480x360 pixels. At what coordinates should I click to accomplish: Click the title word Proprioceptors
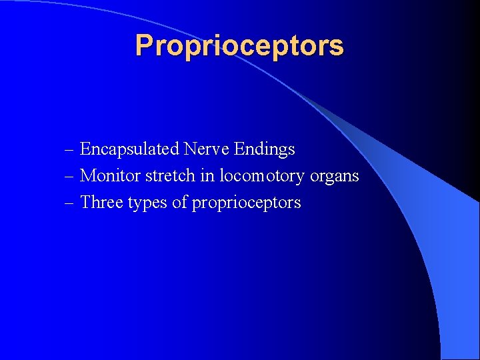pyautogui.click(x=239, y=46)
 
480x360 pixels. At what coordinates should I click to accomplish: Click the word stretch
pyautogui.click(x=163, y=176)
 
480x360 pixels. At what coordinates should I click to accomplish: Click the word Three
pyautogui.click(x=100, y=203)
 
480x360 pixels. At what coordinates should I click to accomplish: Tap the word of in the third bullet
pyautogui.click(x=180, y=203)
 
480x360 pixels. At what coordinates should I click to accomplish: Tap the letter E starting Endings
pyautogui.click(x=239, y=149)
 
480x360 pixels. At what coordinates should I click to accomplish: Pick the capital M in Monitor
pyautogui.click(x=87, y=176)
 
